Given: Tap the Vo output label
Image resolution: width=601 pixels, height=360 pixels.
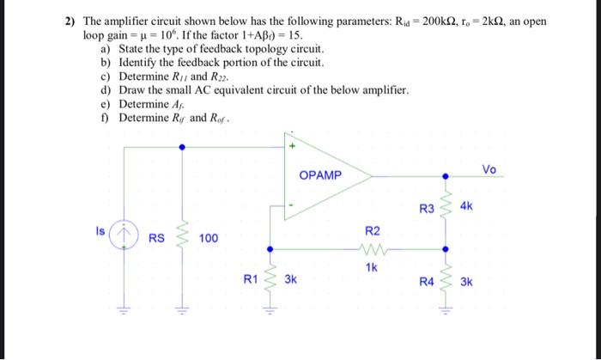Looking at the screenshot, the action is tap(490, 169).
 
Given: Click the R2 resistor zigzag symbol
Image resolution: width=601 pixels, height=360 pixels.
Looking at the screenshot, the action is tap(372, 252).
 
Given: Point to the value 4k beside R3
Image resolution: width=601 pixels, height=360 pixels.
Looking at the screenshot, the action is tap(467, 207).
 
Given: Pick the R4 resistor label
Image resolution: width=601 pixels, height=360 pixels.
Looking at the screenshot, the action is tap(427, 281).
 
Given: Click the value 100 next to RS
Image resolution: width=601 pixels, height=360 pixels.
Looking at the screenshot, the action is tap(209, 238).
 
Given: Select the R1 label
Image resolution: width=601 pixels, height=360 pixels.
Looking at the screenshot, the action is tap(250, 279).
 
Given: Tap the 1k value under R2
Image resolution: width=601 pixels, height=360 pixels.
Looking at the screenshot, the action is tap(372, 267).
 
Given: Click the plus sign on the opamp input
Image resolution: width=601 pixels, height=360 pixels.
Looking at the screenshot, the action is tap(293, 147).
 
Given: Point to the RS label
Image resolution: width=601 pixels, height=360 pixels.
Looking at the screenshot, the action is tap(157, 238).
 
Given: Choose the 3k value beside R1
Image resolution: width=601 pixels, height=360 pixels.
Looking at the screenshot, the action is tap(291, 279).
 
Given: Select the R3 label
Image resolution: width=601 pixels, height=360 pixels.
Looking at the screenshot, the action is tap(427, 208).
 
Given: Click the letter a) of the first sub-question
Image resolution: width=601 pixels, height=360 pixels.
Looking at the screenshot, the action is tap(105, 49).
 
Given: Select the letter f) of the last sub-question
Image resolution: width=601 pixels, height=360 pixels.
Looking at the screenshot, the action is tap(105, 118).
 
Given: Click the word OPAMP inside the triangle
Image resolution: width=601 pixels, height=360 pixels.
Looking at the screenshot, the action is tap(320, 175).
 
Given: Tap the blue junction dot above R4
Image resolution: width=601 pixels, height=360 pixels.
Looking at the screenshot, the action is tap(445, 251).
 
